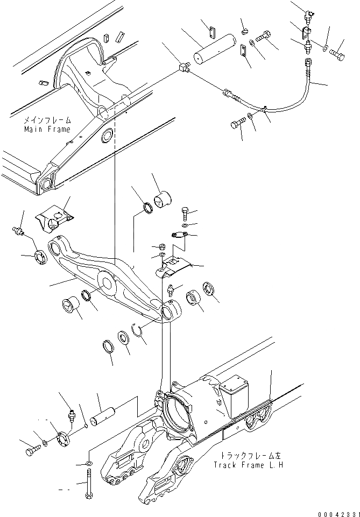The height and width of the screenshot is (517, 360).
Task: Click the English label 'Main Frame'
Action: pyautogui.click(x=47, y=129)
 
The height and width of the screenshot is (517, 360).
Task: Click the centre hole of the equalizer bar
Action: pyautogui.click(x=106, y=281)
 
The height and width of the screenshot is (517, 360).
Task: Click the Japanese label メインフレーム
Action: pyautogui.click(x=47, y=121)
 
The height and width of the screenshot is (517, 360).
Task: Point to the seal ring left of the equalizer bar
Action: pyautogui.click(x=41, y=257)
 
